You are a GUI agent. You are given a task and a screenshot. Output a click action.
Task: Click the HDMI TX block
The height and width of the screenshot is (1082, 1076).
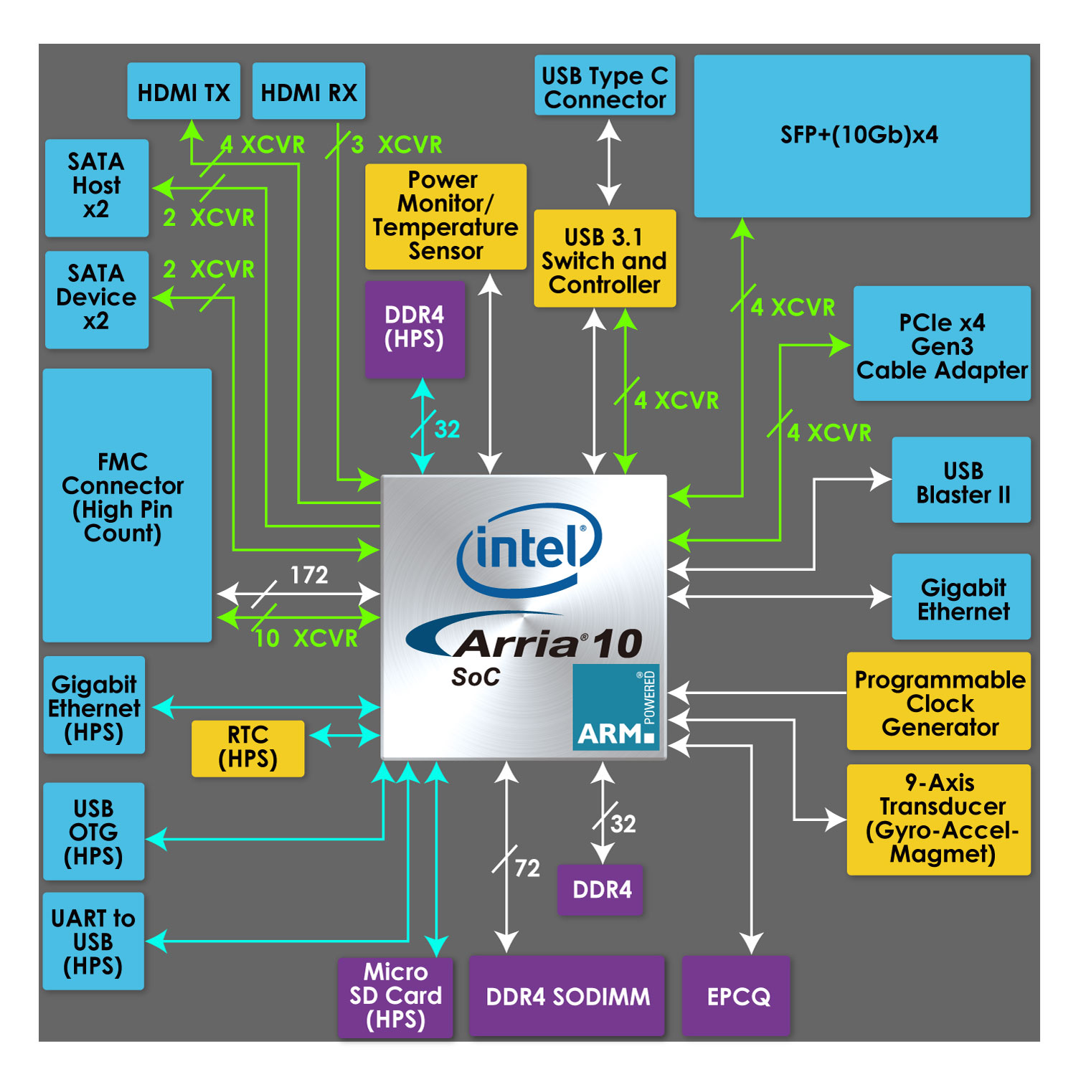click(x=184, y=92)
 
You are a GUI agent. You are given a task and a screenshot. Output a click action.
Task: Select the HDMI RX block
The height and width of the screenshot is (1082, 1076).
click(x=308, y=92)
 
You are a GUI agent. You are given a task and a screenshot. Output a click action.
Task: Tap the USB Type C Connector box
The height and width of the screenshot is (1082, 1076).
click(x=605, y=86)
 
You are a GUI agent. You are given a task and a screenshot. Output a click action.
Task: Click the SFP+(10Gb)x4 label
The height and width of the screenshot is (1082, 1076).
click(x=859, y=135)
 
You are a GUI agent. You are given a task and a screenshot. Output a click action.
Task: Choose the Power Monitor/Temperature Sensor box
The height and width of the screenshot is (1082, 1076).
click(x=445, y=216)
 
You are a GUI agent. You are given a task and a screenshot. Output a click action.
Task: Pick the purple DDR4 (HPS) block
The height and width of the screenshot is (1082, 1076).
click(x=415, y=328)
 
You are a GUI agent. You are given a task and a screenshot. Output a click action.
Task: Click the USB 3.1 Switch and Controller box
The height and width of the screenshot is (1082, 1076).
click(x=605, y=260)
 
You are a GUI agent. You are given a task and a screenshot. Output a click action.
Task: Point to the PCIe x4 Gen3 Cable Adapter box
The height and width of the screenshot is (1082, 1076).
click(x=942, y=345)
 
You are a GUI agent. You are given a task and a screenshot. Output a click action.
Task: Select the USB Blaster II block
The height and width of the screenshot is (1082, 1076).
click(x=962, y=481)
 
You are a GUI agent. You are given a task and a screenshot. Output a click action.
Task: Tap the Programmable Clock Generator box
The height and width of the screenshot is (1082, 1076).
click(x=939, y=702)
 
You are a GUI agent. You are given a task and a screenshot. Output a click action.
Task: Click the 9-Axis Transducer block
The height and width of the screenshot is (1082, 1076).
click(x=939, y=819)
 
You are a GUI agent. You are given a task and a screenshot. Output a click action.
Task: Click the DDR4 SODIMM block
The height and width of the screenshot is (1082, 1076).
click(x=567, y=996)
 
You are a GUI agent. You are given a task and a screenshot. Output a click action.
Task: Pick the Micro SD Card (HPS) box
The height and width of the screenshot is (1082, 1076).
click(x=395, y=996)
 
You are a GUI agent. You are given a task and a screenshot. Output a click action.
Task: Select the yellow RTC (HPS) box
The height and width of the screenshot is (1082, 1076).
click(x=247, y=747)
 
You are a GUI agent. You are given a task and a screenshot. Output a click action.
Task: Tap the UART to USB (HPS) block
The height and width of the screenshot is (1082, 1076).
click(x=93, y=941)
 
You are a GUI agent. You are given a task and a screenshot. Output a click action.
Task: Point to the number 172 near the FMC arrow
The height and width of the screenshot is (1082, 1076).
click(x=309, y=574)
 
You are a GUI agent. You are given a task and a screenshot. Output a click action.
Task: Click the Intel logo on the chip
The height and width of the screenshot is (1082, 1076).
click(x=529, y=549)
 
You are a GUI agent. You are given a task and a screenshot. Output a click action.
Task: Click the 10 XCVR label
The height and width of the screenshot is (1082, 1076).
click(x=306, y=637)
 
